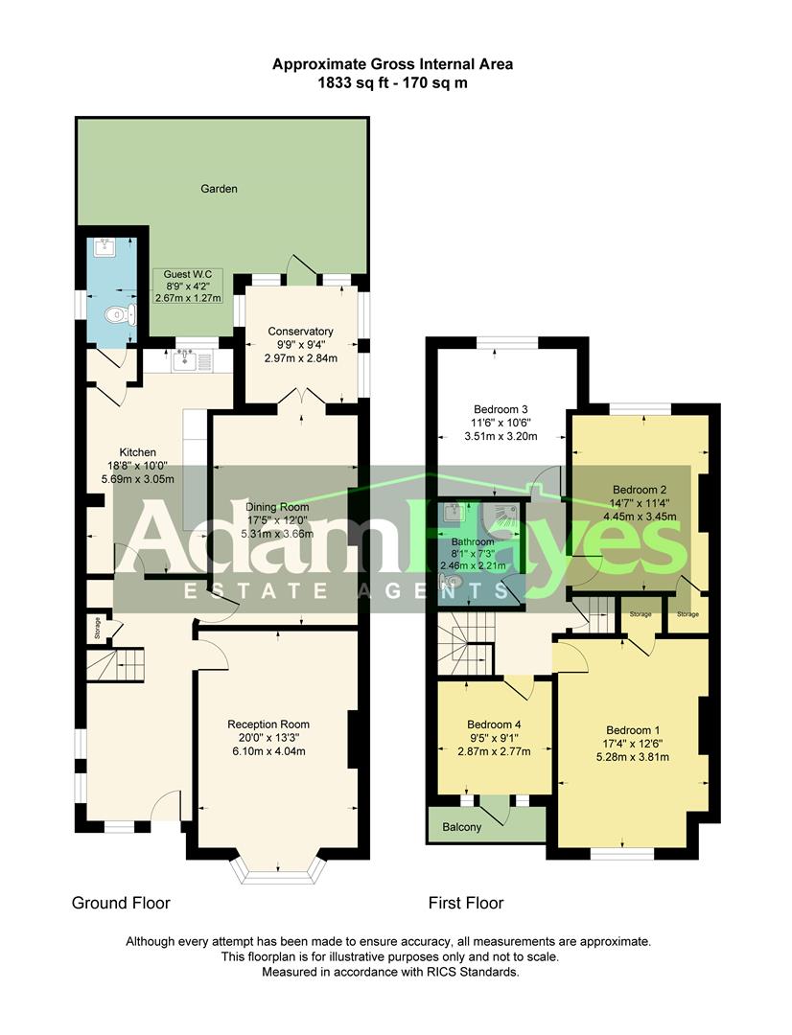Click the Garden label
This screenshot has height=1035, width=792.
tap(219, 189)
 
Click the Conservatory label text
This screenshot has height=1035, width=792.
tap(300, 332)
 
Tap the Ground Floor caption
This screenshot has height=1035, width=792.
tap(121, 903)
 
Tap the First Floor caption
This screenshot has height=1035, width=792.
tap(465, 903)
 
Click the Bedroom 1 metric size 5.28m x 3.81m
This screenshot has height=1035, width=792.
tap(633, 757)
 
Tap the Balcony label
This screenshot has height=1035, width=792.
tap(462, 827)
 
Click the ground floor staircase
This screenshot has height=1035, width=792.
tap(115, 662)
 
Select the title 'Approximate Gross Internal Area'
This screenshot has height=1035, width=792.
tap(392, 64)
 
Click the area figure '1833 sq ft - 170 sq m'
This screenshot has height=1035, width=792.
tap(392, 82)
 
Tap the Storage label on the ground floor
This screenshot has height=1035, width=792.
tap(97, 629)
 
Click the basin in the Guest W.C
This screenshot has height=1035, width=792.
tap(105, 248)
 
